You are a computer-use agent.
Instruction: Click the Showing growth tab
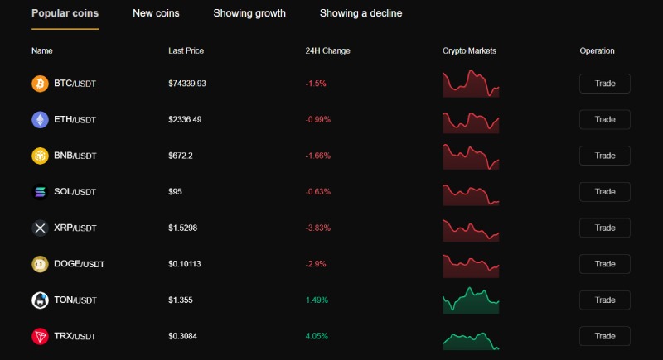point(249,13)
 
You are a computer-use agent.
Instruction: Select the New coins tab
point(156,13)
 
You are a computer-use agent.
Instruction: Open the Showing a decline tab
point(361,13)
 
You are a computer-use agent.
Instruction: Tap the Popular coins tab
point(65,13)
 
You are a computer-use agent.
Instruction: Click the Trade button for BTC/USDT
point(604,84)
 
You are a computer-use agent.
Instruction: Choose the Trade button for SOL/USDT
point(604,192)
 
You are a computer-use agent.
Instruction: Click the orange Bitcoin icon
point(40,84)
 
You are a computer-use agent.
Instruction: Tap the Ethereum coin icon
point(40,120)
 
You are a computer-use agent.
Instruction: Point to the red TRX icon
point(40,336)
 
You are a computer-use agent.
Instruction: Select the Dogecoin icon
point(40,264)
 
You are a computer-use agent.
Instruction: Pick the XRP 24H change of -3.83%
point(318,228)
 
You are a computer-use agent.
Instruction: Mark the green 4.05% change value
point(317,336)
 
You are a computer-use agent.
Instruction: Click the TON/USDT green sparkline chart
point(471,300)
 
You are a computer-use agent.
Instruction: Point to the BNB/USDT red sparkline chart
point(471,156)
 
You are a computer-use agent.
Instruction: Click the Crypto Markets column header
point(469,50)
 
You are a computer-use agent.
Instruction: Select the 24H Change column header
point(327,50)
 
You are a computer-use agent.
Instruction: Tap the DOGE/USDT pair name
point(79,264)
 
